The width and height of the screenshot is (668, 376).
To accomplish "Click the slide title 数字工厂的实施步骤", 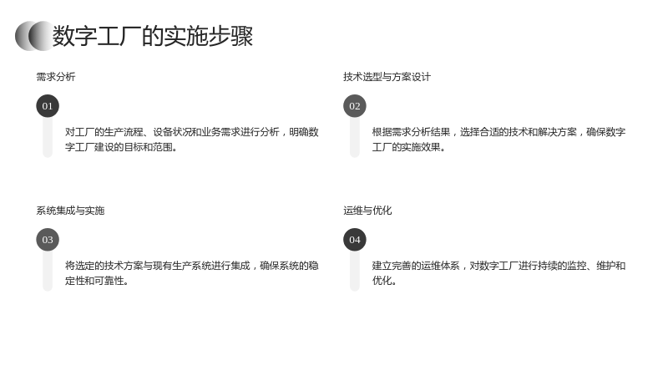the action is [153, 36].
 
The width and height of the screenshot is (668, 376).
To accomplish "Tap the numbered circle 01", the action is [48, 106].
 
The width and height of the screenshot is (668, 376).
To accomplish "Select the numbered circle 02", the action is [355, 106].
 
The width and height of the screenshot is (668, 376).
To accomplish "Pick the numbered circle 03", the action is [48, 240].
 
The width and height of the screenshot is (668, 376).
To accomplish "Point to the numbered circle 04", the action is [355, 240].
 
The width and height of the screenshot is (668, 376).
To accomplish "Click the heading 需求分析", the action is [56, 77].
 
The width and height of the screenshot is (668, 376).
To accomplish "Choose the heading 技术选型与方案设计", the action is [387, 77].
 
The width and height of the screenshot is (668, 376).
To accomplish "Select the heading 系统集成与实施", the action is [70, 211].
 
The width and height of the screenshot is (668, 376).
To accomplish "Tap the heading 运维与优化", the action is [367, 211].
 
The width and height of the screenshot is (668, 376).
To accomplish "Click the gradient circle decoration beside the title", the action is [33, 36].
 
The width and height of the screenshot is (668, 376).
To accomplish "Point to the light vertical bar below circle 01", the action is [48, 138].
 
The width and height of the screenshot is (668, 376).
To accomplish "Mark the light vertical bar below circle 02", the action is [355, 138].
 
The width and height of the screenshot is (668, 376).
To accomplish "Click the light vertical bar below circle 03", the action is [48, 271].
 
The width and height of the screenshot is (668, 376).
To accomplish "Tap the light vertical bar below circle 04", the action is [355, 271].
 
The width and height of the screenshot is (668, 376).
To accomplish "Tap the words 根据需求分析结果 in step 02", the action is [411, 132].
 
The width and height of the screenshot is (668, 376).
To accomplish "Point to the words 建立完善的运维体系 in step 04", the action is [416, 266].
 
